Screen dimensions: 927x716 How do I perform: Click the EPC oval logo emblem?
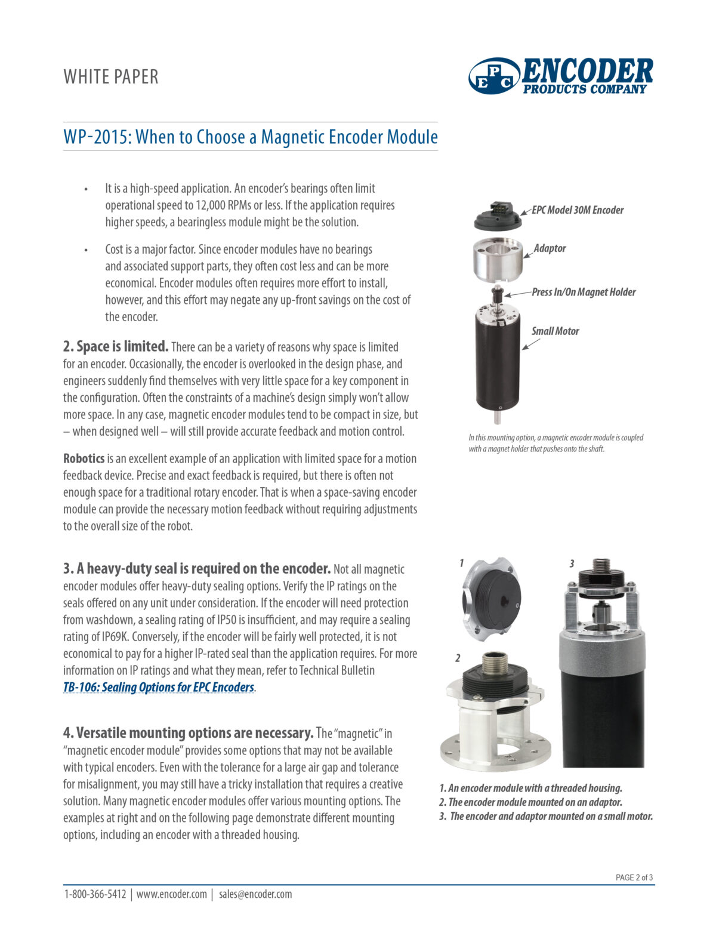click(x=495, y=76)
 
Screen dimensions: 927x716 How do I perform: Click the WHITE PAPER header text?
click(x=111, y=77)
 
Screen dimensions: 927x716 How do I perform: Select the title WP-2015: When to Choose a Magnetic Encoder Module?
click(x=251, y=137)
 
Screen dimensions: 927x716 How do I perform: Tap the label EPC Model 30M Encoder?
click(x=577, y=210)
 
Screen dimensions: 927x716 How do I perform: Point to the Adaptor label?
click(x=550, y=248)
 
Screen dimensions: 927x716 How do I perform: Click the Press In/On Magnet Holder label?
click(x=584, y=292)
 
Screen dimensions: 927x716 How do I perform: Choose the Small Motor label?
click(x=555, y=331)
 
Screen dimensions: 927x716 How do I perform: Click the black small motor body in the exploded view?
click(x=497, y=361)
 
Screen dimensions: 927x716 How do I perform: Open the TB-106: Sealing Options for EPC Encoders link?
click(x=159, y=687)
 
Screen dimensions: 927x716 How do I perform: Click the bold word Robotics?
click(x=84, y=459)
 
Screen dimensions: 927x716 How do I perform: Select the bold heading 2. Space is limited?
click(x=116, y=346)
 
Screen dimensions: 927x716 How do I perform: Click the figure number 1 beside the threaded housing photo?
click(x=461, y=563)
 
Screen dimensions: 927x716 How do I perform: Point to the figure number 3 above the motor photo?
click(x=572, y=563)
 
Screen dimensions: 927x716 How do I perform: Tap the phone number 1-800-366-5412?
click(x=95, y=894)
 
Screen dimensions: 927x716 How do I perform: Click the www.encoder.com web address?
click(x=172, y=894)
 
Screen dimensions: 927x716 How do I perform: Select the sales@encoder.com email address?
click(x=255, y=894)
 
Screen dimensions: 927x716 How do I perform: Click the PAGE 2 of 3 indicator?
click(x=634, y=877)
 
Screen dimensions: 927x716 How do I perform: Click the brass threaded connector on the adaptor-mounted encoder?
click(x=494, y=664)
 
